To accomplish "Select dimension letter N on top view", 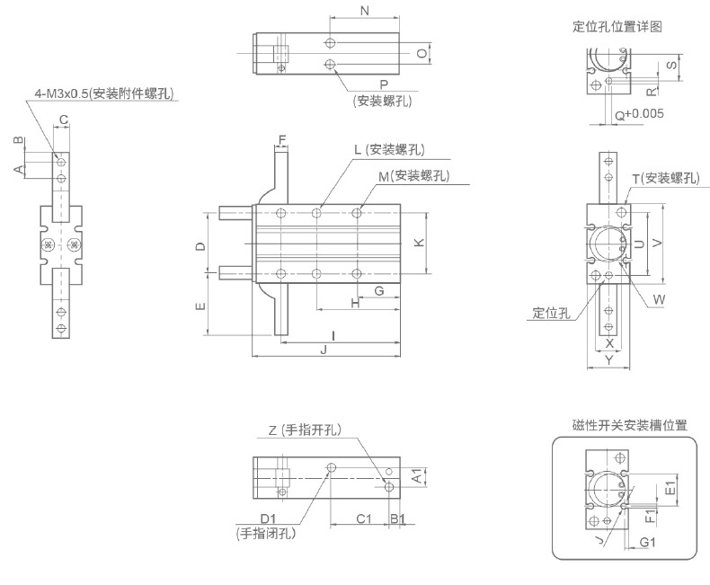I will tap(364, 11).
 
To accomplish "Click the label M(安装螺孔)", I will tap(413, 176).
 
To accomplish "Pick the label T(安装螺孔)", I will tap(665, 179).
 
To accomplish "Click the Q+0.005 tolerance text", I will tap(639, 114).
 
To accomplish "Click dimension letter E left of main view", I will tap(200, 306).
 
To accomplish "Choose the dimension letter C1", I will tap(363, 519).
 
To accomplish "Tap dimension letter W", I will tap(659, 298).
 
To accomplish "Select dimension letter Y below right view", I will tap(609, 360).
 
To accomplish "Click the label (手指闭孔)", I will tap(267, 533).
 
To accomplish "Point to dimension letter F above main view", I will tap(281, 139).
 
